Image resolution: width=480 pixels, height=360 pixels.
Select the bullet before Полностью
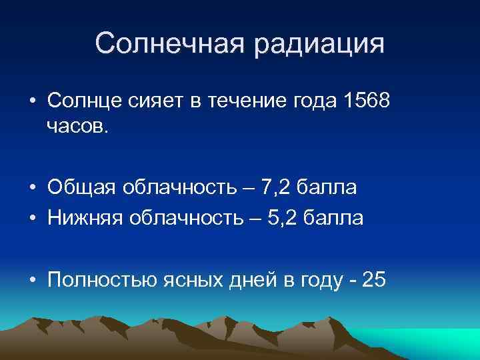click(31, 280)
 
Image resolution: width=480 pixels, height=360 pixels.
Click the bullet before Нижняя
click(31, 218)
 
